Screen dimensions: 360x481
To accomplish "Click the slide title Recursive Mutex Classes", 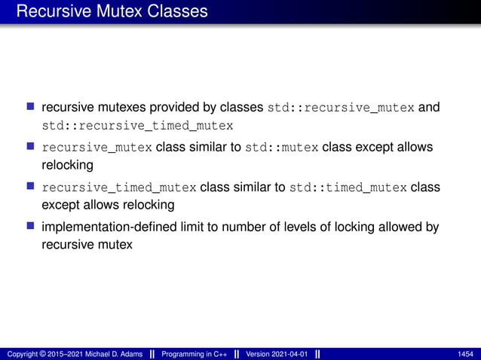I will coord(111,11).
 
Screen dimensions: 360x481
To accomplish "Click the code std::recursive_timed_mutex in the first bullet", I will coord(137,125).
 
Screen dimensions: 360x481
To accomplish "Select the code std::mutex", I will coord(282,148).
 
